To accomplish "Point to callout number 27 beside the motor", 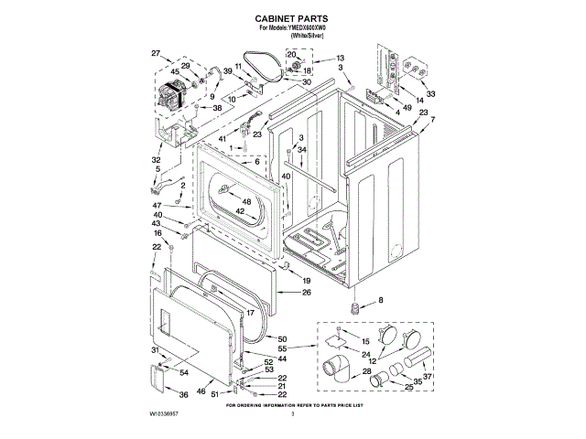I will [156, 52].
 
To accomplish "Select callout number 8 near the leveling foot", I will [382, 300].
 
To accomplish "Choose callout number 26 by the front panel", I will [307, 293].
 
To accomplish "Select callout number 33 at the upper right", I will [430, 92].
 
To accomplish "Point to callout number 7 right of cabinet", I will [432, 120].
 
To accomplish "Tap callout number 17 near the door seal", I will [248, 313].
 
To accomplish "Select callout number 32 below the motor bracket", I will [156, 159].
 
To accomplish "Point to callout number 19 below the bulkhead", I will [307, 280].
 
